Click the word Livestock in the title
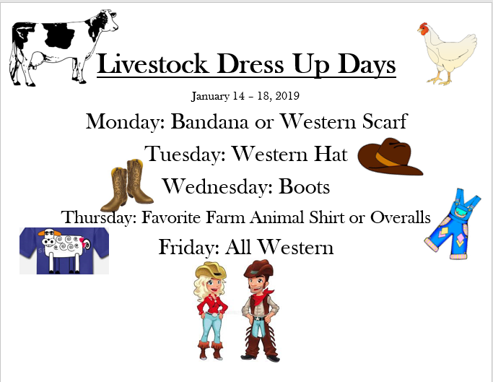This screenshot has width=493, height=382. (153, 64)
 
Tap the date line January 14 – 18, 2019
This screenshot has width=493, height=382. (245, 96)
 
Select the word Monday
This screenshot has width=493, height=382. (126, 122)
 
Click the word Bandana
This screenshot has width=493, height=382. (209, 121)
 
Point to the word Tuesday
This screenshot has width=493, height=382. (186, 155)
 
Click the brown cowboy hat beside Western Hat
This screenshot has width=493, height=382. (390, 157)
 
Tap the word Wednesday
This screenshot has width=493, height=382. (217, 187)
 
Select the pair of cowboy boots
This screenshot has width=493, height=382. (127, 185)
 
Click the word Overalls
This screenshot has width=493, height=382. (401, 217)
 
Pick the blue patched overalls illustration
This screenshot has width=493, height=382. (453, 224)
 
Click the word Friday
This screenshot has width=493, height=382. (189, 247)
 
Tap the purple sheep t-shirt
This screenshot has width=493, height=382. (64, 251)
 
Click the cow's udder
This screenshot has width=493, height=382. (38, 59)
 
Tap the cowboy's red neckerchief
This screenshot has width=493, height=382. (261, 297)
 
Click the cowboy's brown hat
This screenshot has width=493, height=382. (258, 269)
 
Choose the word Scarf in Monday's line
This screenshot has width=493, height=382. (385, 121)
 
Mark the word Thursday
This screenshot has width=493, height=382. (99, 218)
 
